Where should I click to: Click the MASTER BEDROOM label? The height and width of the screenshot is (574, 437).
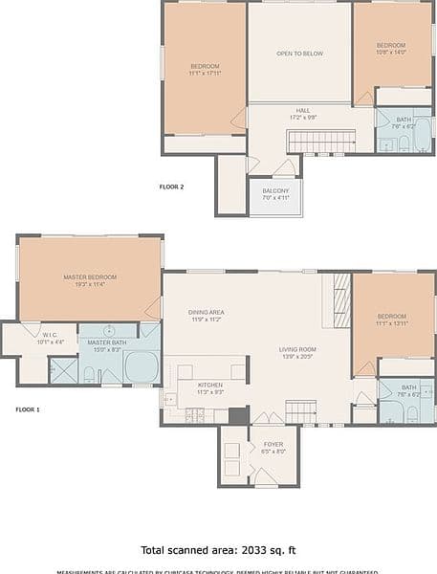pos(90,276)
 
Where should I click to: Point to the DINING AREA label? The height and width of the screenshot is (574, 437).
pos(207,312)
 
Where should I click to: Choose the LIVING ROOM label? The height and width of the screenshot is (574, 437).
pos(297,349)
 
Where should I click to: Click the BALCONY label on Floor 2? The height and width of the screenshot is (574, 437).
pos(274,191)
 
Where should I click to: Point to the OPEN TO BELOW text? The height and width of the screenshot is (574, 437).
pos(299,54)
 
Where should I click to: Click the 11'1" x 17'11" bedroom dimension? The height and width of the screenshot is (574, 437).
pos(205,74)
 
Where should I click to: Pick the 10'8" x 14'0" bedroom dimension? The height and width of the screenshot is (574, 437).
pos(390,53)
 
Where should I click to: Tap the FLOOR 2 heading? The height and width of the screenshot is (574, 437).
pos(171,188)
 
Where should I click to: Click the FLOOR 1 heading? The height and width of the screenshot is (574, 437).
pos(28,408)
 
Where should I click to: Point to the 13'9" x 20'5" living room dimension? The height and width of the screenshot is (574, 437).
pos(297,357)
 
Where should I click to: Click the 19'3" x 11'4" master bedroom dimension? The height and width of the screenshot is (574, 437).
pos(90,284)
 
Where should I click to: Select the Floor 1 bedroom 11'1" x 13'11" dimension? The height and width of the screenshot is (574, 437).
pos(392,323)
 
